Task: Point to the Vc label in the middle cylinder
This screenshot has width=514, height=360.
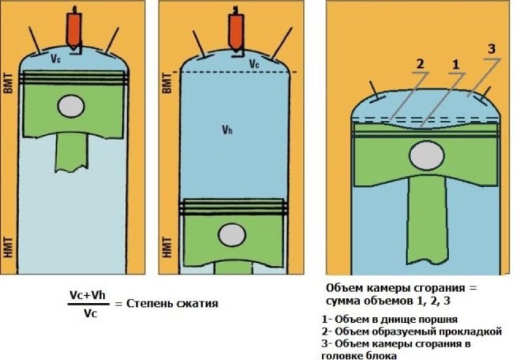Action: pyautogui.click(x=255, y=63)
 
